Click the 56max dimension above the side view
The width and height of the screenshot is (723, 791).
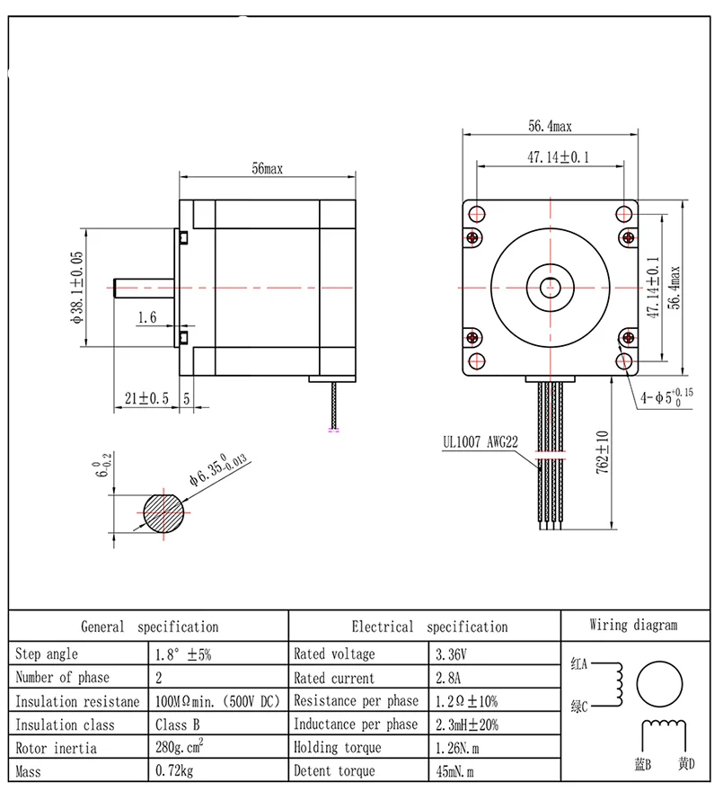tap(267, 168)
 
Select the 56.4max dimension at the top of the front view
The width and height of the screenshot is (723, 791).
tap(550, 127)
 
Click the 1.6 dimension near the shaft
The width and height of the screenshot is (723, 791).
tap(147, 317)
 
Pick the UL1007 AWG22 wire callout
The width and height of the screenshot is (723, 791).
tap(482, 441)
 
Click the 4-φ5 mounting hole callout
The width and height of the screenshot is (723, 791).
tap(669, 397)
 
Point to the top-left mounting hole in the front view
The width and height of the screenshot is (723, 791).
tap(477, 214)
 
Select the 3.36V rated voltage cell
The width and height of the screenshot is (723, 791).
tap(450, 654)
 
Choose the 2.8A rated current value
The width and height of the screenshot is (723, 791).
tap(446, 678)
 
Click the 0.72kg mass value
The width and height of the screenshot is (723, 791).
tap(176, 771)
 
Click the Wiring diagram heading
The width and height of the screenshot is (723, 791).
tap(633, 625)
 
